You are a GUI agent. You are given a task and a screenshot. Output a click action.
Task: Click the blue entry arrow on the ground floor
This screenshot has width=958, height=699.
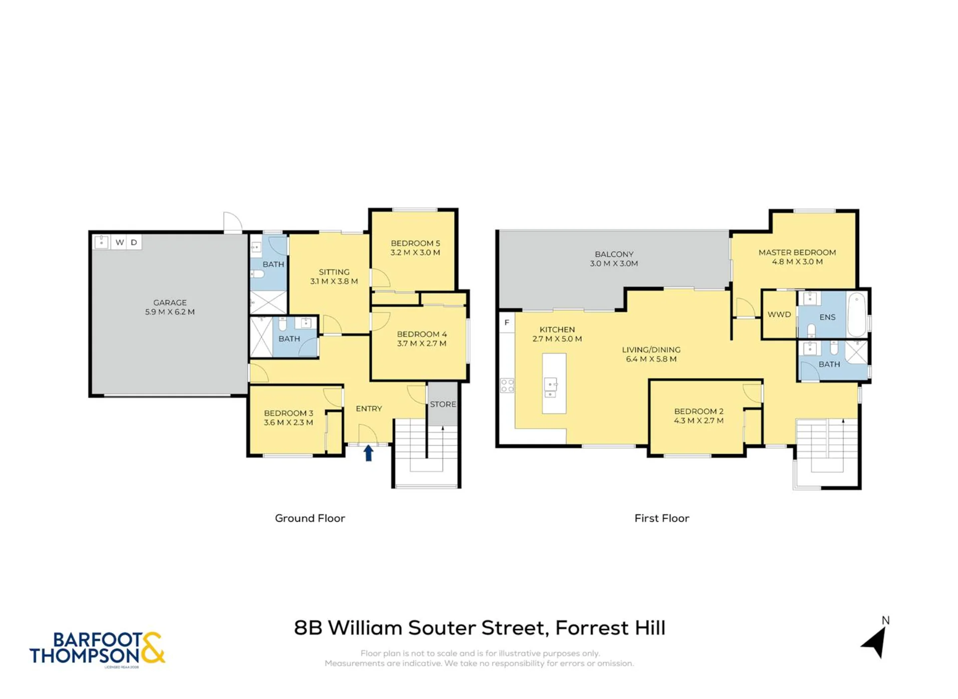368,453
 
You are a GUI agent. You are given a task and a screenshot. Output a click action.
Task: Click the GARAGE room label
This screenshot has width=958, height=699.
170,303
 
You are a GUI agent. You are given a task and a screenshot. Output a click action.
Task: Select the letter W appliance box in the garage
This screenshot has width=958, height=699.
120,242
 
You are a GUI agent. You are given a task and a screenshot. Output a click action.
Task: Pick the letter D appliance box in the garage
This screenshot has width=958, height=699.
134,242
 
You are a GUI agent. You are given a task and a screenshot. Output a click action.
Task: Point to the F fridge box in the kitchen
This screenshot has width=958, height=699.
507,323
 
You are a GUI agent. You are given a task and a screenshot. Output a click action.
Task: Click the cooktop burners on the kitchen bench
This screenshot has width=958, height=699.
507,385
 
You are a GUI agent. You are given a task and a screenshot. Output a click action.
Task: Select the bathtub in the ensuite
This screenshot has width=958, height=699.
857,315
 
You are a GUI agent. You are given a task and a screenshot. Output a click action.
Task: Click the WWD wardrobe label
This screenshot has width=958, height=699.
779,315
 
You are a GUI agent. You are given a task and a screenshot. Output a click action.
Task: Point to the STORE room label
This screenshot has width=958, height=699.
443,404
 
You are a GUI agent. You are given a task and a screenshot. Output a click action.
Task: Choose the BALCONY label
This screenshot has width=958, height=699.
614,254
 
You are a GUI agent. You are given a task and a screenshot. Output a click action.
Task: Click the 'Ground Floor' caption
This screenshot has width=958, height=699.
310,518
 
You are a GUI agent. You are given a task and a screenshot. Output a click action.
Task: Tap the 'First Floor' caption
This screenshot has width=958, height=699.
662,518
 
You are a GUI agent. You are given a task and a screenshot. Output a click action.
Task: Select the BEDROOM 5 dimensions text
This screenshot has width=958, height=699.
415,253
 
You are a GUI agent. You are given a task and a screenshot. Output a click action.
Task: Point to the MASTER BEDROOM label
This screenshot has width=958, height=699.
797,253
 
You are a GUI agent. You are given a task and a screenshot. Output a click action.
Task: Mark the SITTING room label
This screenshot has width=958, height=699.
334,272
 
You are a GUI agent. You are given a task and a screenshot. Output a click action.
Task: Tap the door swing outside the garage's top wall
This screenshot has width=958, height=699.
233,223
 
